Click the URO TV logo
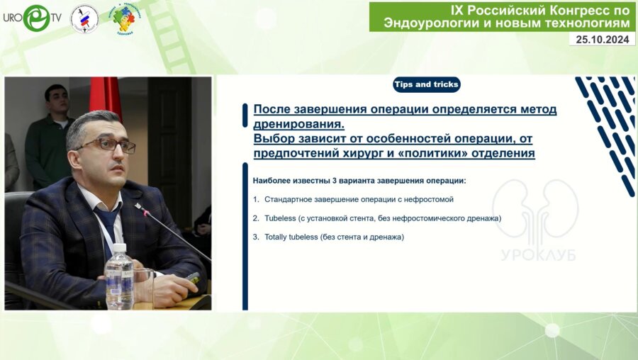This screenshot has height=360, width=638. coord(33,18)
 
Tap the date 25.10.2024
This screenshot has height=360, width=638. coord(602,40)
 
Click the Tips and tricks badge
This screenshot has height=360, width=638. coord(427,84)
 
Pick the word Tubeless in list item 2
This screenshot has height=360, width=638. coord(280,218)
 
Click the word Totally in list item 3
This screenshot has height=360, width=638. coord(276,237)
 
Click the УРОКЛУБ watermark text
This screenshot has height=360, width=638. coord(539,254)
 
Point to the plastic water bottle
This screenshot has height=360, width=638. coord(119,276)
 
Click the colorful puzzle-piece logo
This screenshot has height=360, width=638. coord(124,18)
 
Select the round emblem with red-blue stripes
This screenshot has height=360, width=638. coord(84,18)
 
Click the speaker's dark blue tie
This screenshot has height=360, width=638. coord(108,227)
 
